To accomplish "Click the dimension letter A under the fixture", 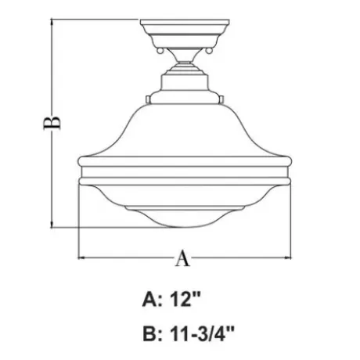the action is [182, 258].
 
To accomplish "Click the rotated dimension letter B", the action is [52, 123].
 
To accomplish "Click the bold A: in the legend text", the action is [153, 300].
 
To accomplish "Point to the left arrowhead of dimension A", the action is [81, 257].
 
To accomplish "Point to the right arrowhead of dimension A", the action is [288, 257].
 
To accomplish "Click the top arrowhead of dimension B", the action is [52, 22].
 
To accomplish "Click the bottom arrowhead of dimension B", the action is [52, 225].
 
